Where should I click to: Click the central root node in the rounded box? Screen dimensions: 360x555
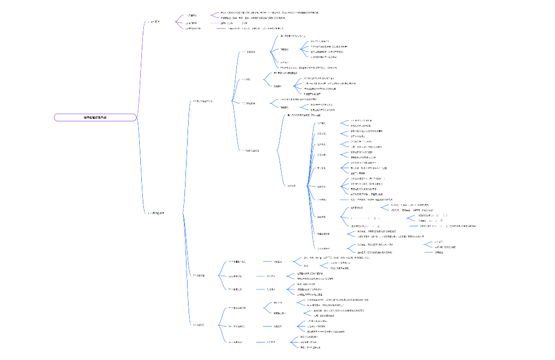(x=96, y=118)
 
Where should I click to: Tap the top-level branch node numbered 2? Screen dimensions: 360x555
(x=156, y=212)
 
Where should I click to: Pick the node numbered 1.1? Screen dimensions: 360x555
(x=194, y=15)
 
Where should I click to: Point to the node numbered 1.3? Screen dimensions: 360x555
(x=193, y=29)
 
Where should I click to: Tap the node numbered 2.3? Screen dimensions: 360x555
(x=198, y=325)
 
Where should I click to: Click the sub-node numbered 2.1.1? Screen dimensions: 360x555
(x=248, y=52)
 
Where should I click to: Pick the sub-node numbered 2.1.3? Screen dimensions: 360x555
(x=249, y=103)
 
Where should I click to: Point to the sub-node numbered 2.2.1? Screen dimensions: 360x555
(x=237, y=262)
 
